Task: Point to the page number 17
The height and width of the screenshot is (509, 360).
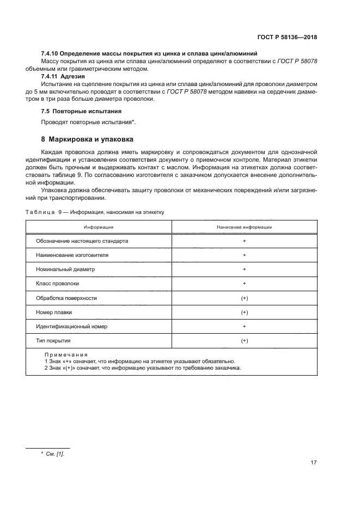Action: click(314, 463)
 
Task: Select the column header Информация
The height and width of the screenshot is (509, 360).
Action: click(99, 227)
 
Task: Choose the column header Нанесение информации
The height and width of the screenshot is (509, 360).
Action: click(244, 227)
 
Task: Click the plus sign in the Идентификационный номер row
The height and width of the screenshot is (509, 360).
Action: click(244, 326)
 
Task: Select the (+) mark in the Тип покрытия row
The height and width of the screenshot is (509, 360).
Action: click(244, 340)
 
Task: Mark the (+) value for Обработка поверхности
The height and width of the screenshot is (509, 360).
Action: click(244, 298)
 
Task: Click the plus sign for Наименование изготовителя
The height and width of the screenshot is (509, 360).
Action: click(244, 255)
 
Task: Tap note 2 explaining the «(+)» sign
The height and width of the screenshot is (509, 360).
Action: click(143, 367)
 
